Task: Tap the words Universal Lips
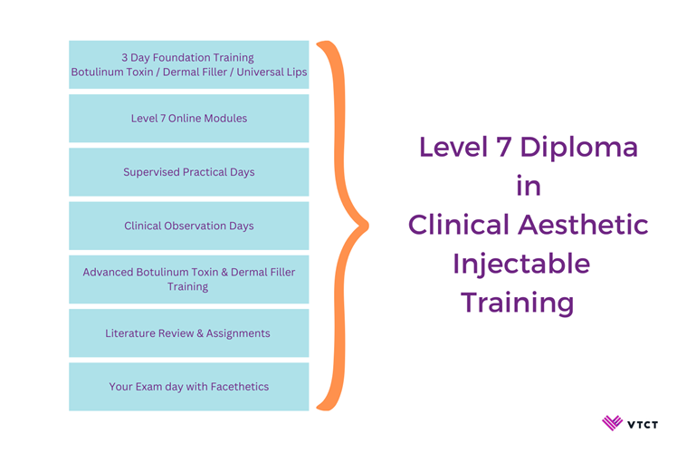(272, 72)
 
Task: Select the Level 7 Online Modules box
(188, 119)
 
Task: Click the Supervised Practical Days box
(188, 172)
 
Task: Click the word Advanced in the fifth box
(108, 273)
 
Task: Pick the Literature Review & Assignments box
(188, 333)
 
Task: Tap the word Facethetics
(240, 387)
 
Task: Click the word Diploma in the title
(578, 148)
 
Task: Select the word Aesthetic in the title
(583, 225)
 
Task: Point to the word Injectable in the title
(521, 265)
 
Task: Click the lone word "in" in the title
(529, 187)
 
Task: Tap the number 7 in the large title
(504, 147)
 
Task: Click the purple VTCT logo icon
(612, 423)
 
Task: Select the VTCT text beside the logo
(643, 425)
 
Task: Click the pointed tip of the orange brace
(367, 226)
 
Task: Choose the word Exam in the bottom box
(148, 387)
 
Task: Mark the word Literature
(128, 333)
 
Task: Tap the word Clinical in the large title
(459, 225)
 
